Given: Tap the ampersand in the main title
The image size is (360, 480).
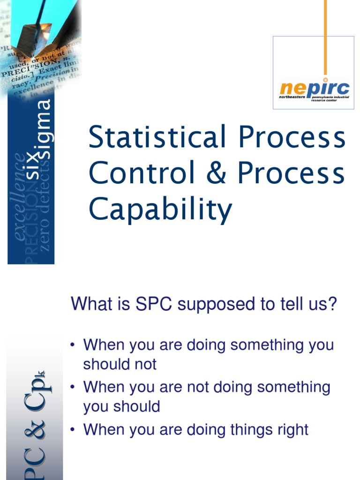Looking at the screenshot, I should (216, 173).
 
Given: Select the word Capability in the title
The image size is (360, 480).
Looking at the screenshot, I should (160, 210).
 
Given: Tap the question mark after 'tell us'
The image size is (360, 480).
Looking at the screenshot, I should (332, 304).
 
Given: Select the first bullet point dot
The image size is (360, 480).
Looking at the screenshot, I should (73, 345).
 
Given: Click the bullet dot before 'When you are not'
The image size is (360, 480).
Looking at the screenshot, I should (73, 387).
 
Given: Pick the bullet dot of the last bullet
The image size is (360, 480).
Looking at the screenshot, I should (73, 430).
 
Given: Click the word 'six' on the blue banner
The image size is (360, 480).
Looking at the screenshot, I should (32, 167).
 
